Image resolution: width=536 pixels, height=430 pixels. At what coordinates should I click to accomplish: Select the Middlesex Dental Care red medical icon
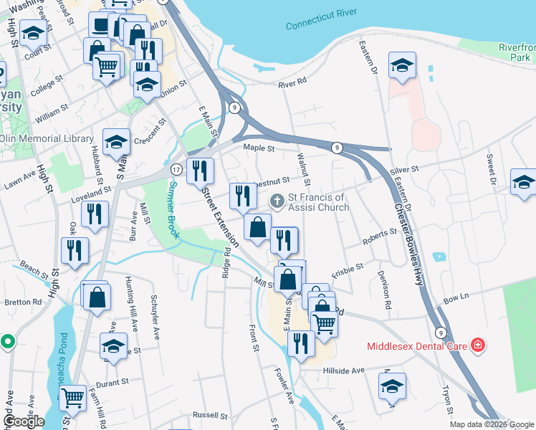pyautogui.click(x=478, y=346)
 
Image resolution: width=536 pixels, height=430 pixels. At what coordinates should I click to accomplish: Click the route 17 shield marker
pyautogui.click(x=176, y=169)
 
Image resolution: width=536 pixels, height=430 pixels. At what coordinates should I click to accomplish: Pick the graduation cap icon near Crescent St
pyautogui.click(x=116, y=142)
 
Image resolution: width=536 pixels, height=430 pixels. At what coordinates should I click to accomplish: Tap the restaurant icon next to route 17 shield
pyautogui.click(x=199, y=171)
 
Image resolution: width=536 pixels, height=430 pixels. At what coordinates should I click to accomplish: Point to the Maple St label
pyautogui.click(x=259, y=148)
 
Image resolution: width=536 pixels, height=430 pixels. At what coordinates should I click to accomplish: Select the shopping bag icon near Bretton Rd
pyautogui.click(x=97, y=295)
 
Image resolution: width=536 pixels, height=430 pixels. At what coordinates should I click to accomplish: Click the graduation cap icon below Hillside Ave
pyautogui.click(x=392, y=386)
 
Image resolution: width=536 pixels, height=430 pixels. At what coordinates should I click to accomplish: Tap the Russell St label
pyautogui.click(x=210, y=416)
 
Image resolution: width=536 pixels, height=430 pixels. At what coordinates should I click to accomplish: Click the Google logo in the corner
pyautogui.click(x=24, y=421)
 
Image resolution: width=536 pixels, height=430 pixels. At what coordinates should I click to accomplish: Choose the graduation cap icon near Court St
pyautogui.click(x=33, y=32)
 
